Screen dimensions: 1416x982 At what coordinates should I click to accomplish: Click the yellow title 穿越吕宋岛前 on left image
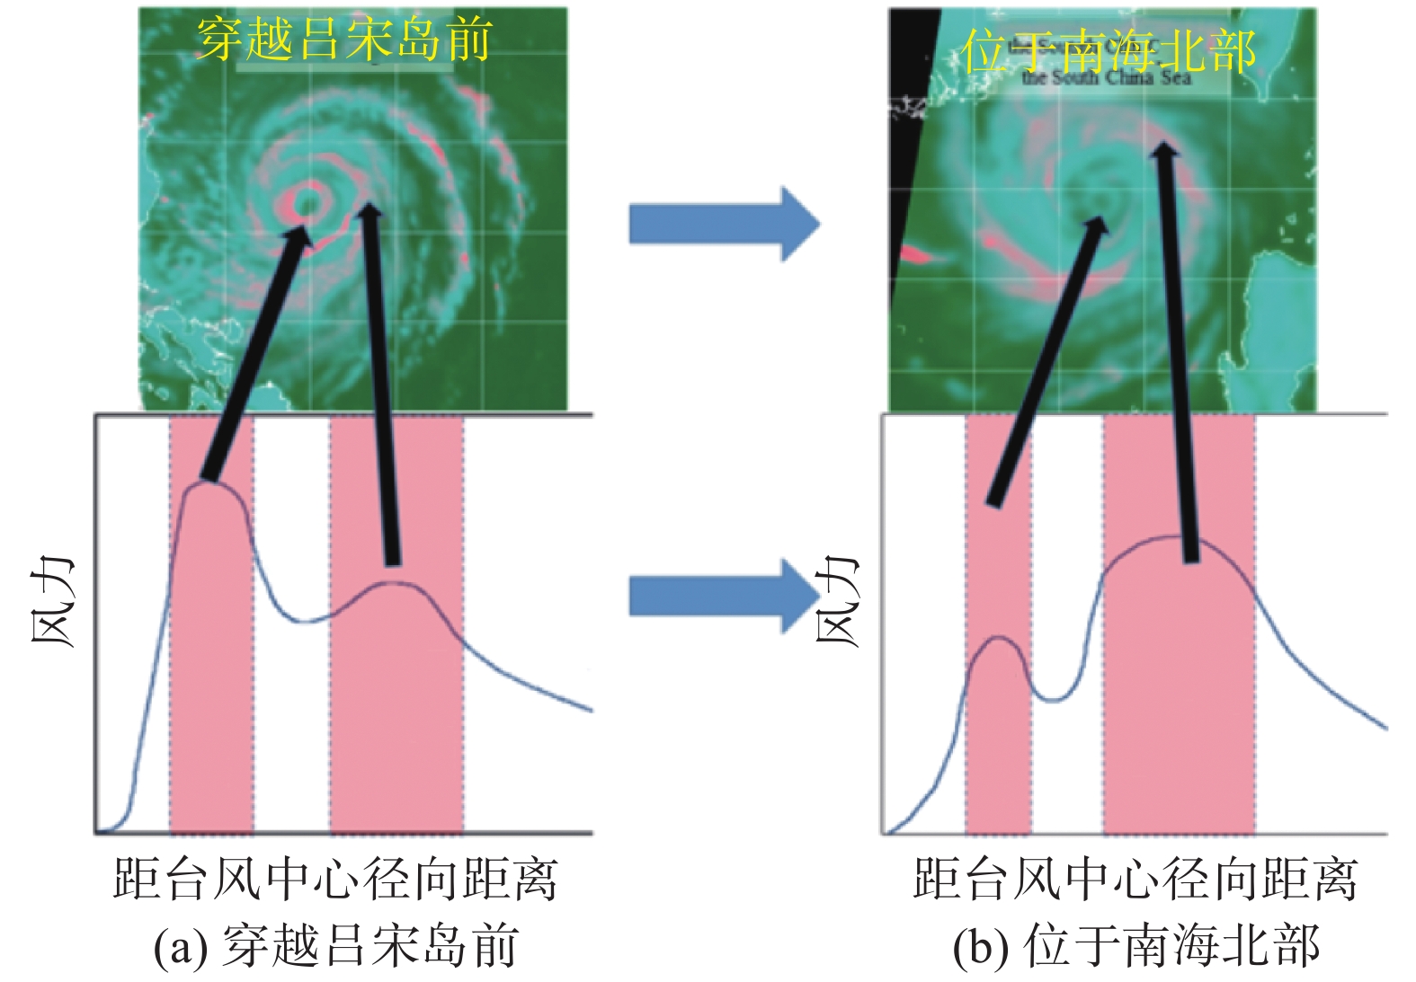point(343,40)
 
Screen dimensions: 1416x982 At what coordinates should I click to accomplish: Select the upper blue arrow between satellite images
point(723,224)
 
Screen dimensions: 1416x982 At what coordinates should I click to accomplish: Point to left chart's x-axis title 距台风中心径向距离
point(335,879)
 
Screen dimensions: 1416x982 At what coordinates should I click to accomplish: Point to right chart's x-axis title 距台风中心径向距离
point(1135,879)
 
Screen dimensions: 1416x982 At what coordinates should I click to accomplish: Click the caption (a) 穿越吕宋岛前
point(335,946)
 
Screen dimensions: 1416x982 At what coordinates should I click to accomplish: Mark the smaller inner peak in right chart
point(998,638)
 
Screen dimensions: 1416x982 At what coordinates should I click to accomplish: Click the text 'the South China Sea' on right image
point(1106,78)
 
